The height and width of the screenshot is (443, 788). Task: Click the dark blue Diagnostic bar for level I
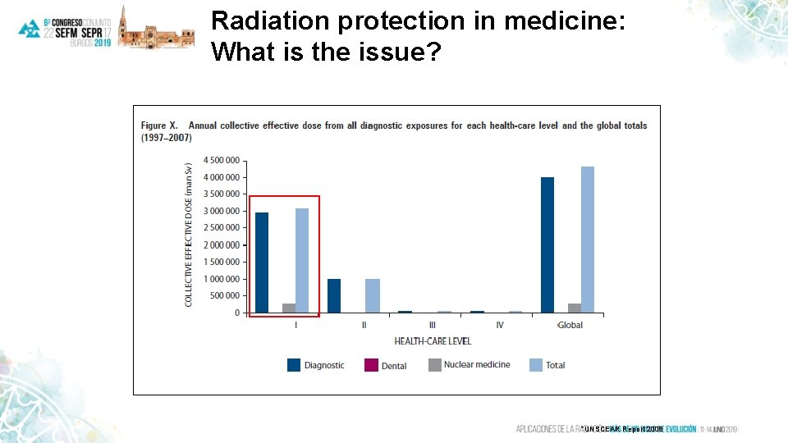[x=262, y=263]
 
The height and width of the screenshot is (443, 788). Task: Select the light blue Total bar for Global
[x=588, y=240]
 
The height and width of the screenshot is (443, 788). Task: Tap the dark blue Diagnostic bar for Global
[x=547, y=244]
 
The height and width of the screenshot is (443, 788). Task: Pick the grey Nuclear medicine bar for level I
[x=289, y=308]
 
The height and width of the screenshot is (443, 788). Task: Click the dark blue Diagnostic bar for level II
[x=334, y=295]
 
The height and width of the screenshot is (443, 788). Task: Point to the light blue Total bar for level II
[x=372, y=295]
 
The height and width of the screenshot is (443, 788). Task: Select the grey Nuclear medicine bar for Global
[x=575, y=308]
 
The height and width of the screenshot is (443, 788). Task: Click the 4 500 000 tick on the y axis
[x=222, y=160]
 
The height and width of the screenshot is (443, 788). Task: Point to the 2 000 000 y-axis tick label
[x=222, y=245]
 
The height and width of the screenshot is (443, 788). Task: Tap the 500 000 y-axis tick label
[x=225, y=296]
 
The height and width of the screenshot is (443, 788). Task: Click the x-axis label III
[x=432, y=325]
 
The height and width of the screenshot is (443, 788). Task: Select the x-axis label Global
[x=570, y=325]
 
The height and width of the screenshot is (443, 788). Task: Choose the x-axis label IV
[x=500, y=325]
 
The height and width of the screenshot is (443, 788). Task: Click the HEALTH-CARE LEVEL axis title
[x=433, y=340]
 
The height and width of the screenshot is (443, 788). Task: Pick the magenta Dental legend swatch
[x=370, y=365]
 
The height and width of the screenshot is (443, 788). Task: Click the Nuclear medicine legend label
[x=477, y=365]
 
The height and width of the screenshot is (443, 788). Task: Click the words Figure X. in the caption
[x=161, y=126]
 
